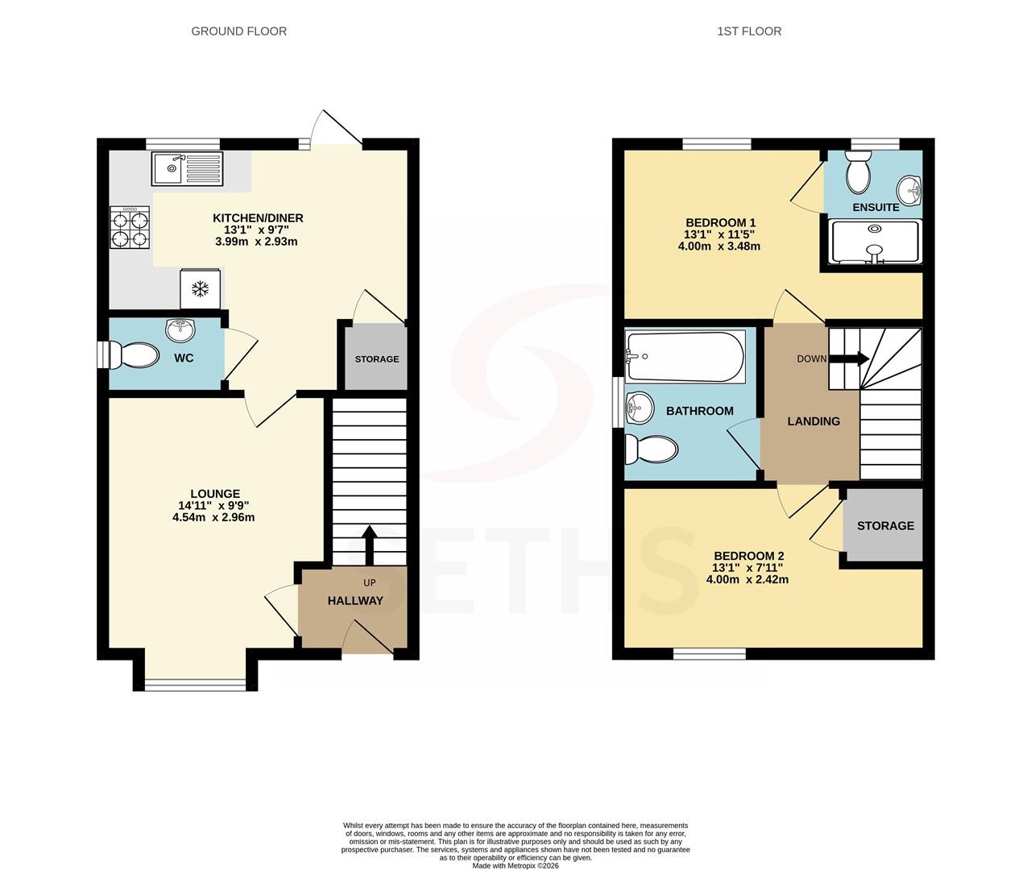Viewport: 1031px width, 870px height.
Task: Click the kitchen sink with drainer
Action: pos(187,169)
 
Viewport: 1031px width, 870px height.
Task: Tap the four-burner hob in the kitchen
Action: pos(130,226)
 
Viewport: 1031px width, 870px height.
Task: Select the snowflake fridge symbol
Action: pos(200,289)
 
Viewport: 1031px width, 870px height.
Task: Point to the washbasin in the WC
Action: pos(180,329)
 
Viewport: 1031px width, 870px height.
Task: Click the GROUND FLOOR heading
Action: pos(239,31)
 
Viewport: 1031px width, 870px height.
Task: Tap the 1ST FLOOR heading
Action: pos(749,31)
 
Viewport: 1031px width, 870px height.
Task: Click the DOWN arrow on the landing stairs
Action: pos(849,358)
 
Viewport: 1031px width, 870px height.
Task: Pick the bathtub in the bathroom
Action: pos(685,356)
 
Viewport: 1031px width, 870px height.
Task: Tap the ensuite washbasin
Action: pos(909,189)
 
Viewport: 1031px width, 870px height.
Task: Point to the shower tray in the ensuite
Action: pos(875,242)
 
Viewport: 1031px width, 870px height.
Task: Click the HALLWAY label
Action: pos(355,601)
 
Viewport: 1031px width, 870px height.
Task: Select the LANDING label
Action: pos(814,421)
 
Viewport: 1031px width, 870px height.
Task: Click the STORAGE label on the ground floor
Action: pos(377,359)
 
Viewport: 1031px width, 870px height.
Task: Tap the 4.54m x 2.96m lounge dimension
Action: pos(213,517)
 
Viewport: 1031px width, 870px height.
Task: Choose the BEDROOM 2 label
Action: pos(748,556)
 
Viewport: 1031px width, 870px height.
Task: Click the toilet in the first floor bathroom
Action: pos(652,449)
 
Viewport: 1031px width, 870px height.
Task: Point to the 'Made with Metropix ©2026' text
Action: pos(515,865)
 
